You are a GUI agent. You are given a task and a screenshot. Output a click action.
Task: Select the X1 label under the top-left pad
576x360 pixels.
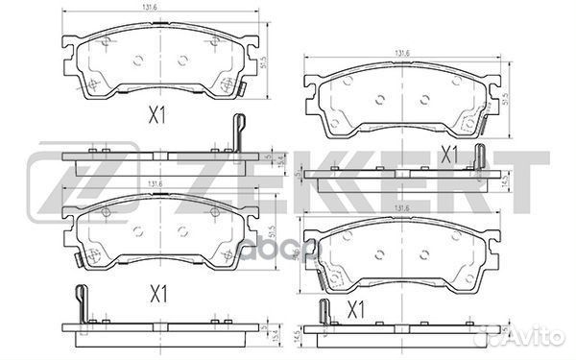tap(156, 116)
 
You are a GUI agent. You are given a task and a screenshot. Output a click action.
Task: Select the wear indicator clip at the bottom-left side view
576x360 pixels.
tap(82, 305)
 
